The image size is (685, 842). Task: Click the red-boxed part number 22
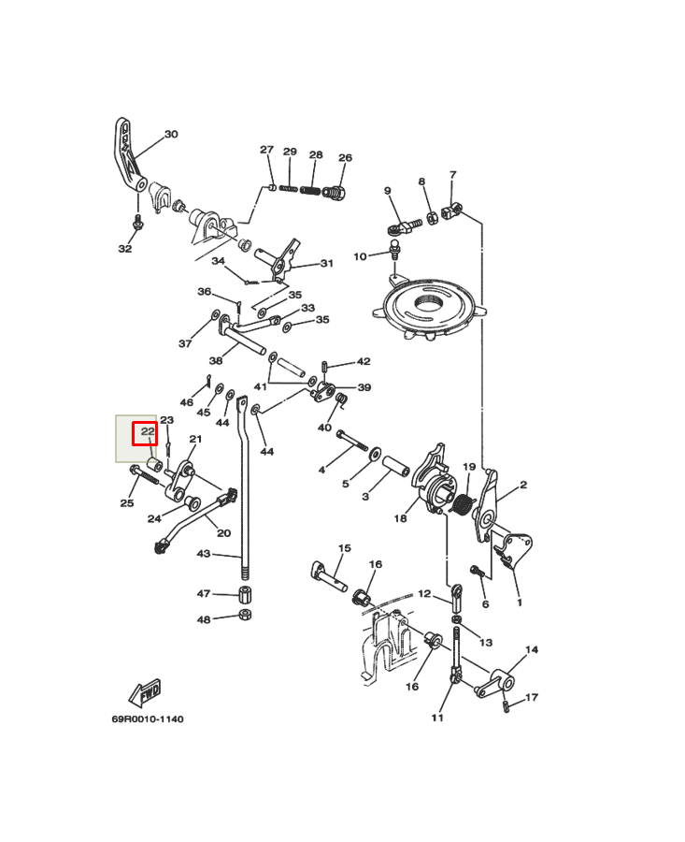tap(146, 432)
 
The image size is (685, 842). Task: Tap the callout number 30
tap(171, 135)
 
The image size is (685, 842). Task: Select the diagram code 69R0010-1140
tap(148, 719)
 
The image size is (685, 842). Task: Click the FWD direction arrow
tap(145, 693)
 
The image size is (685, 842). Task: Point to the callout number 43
tap(204, 554)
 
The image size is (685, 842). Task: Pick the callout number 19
tap(469, 467)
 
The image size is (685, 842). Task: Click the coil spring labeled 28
tap(310, 190)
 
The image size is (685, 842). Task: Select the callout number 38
tap(216, 361)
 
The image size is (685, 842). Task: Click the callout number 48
tap(204, 619)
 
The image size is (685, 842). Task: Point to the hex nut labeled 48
tap(245, 615)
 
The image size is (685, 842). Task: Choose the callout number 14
tap(532, 649)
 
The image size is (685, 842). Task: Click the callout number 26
tap(345, 158)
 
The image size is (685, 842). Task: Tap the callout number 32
tap(125, 249)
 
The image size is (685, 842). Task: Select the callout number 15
tap(344, 548)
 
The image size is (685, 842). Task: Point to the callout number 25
tap(127, 503)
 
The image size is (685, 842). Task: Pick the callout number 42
tap(364, 361)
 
